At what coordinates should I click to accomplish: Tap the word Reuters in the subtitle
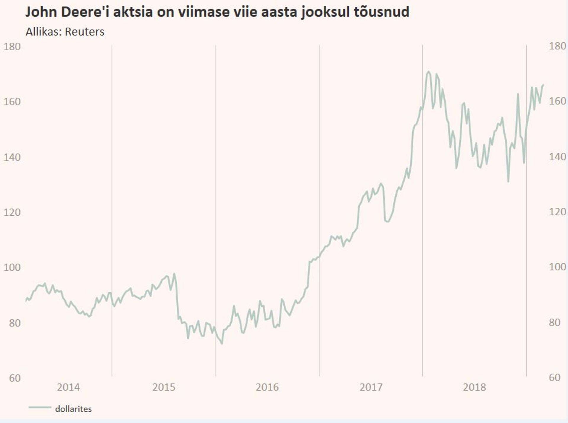[85, 32]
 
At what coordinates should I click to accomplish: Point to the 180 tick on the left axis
[12, 47]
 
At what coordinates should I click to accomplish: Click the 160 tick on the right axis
[557, 101]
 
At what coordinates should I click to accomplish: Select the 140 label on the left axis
[12, 157]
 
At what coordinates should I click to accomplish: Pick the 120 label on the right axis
[557, 212]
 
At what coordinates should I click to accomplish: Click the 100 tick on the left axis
[12, 267]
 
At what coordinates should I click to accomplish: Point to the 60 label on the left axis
[15, 378]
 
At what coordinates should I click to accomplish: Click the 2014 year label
[68, 387]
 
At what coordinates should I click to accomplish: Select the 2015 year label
[164, 387]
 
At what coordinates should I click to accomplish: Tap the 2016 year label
[267, 387]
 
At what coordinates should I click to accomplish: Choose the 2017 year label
[371, 387]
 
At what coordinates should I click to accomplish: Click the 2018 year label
[475, 387]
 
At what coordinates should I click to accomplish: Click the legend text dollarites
[73, 409]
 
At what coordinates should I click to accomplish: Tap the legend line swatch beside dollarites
[40, 408]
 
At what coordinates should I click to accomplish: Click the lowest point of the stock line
[222, 344]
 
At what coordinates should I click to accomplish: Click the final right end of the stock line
[543, 85]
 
